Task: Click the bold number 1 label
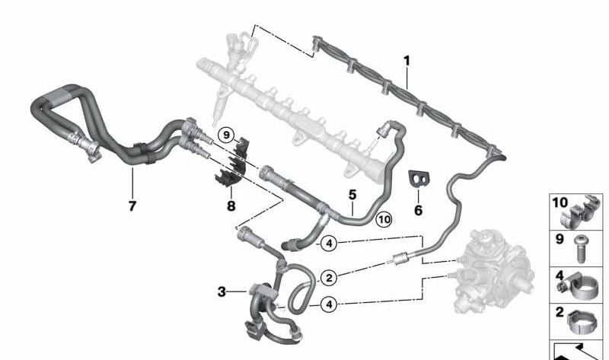(407, 62)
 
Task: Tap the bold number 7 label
(132, 205)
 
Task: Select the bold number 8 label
(231, 205)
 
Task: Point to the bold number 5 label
(352, 195)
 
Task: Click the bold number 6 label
(418, 210)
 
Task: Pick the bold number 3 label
(222, 292)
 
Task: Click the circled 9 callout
(226, 135)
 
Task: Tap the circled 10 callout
(384, 220)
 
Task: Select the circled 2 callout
(330, 278)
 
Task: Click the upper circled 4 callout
(330, 244)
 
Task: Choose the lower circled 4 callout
(330, 305)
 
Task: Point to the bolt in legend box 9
(580, 249)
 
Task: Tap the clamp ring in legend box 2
(583, 322)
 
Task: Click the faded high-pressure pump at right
(493, 272)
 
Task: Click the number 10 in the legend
(560, 202)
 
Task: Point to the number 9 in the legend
(560, 239)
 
